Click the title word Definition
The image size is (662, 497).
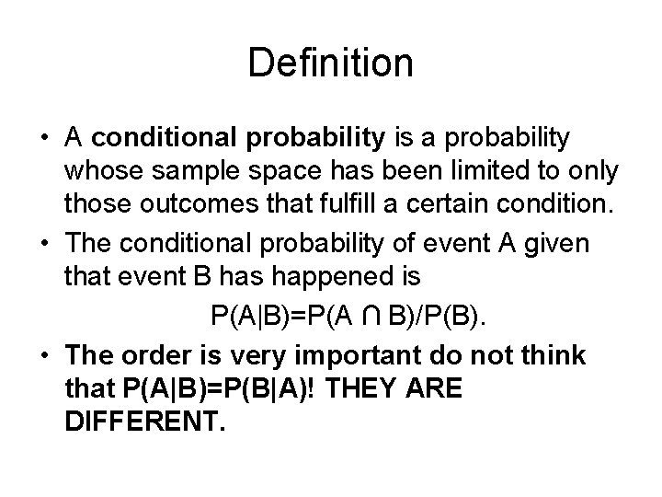tap(331, 64)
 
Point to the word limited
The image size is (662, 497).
tap(464, 174)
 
